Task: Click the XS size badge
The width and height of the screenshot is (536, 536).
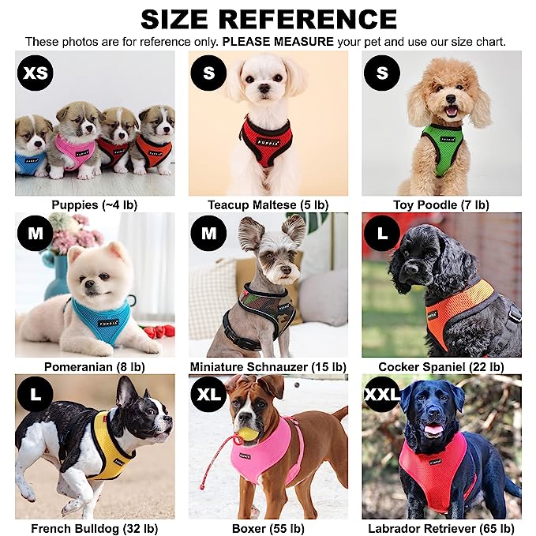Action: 35,73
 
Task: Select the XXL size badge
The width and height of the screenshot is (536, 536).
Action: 382,397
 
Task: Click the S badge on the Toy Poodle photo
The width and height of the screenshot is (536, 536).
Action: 382,73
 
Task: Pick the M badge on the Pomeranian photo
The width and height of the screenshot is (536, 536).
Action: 35,234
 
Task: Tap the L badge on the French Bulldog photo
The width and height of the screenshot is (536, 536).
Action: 35,397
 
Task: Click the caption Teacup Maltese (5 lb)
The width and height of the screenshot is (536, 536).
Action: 268,205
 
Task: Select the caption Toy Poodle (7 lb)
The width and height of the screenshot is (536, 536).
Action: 441,205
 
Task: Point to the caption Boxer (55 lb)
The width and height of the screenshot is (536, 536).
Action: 268,528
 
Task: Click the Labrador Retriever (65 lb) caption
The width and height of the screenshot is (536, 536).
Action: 441,528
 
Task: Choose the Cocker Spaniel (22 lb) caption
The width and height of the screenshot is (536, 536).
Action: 441,367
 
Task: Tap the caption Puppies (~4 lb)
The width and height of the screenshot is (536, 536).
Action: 95,205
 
